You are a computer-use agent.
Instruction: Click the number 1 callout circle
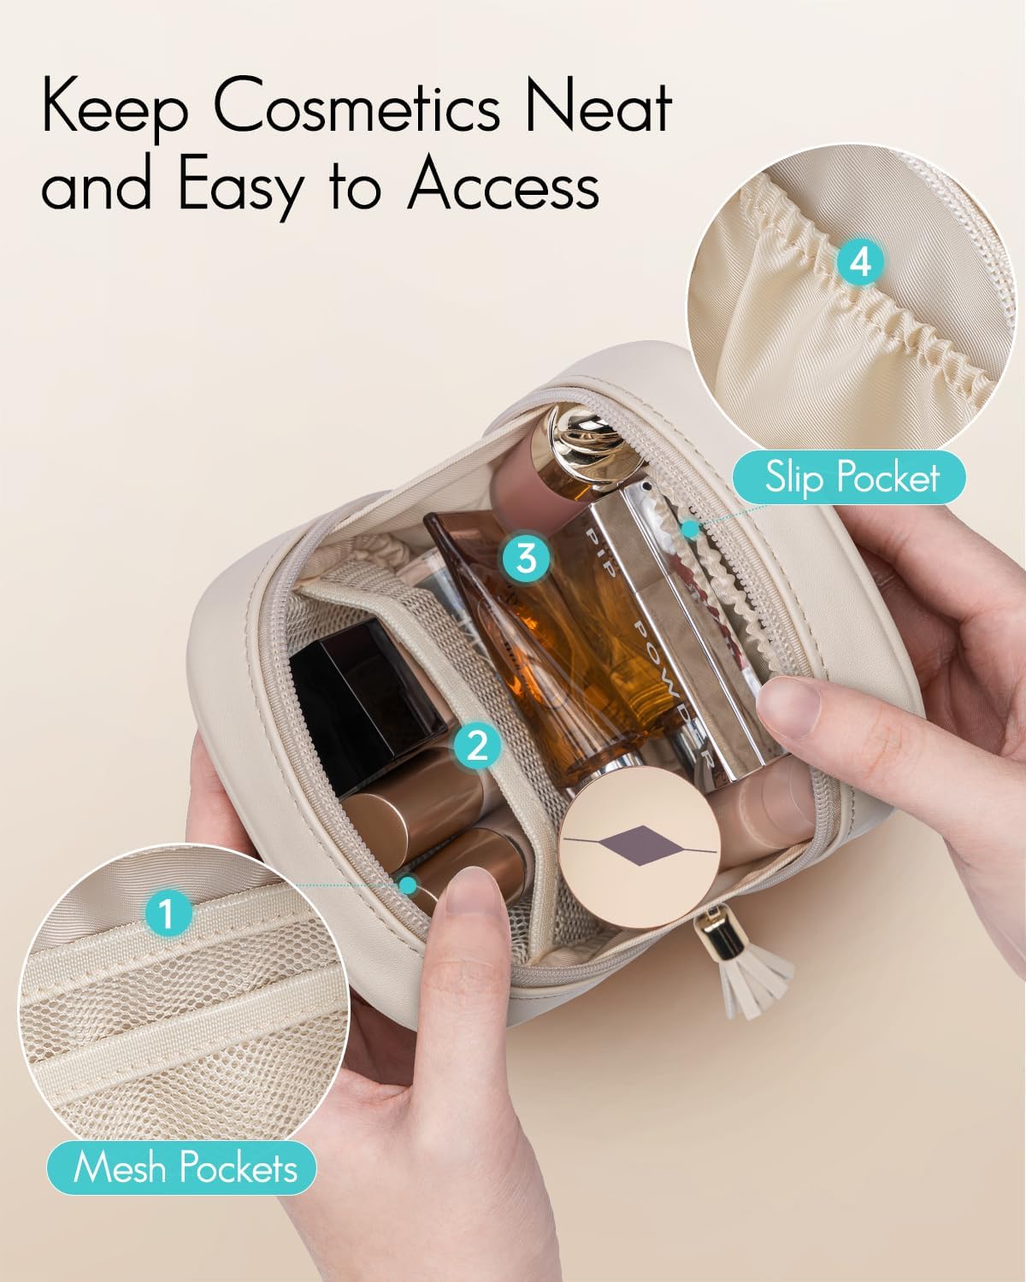168,912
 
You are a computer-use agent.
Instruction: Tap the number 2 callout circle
477,745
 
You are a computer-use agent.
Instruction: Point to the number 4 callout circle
859,262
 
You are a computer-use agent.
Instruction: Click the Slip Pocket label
849,478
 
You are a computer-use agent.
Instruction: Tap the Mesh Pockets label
182,1167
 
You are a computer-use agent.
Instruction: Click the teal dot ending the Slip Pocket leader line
690,529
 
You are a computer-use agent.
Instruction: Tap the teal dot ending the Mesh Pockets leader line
408,885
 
